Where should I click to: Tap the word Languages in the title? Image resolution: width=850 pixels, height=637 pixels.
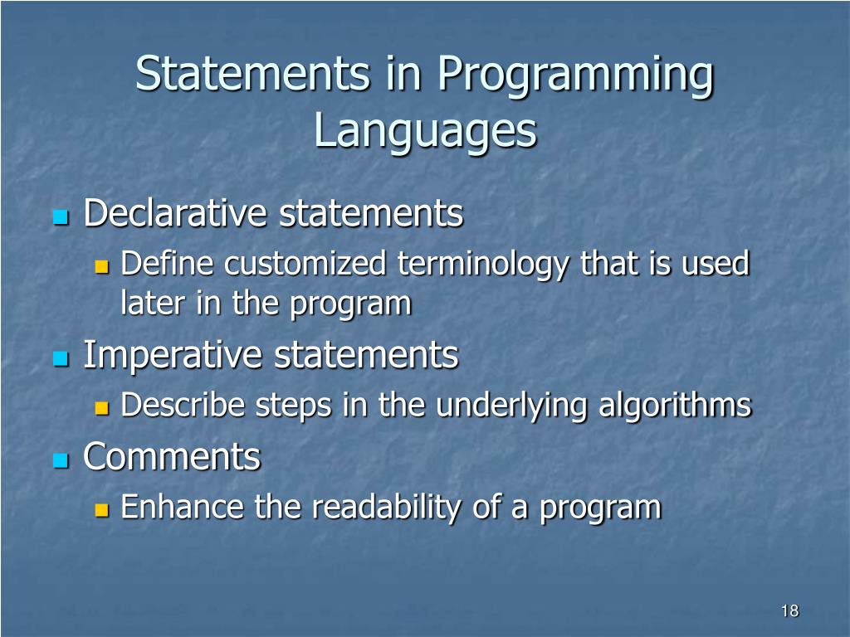(x=426, y=132)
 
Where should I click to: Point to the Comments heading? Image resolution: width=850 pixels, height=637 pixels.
(x=172, y=457)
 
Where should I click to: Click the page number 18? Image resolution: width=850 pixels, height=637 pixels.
(x=790, y=611)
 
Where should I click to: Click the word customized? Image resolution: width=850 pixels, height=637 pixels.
(x=305, y=263)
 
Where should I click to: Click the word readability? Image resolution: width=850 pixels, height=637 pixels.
(x=386, y=508)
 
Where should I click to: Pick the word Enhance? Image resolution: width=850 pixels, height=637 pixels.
(x=182, y=507)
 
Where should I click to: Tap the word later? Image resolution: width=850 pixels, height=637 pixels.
(x=153, y=303)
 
